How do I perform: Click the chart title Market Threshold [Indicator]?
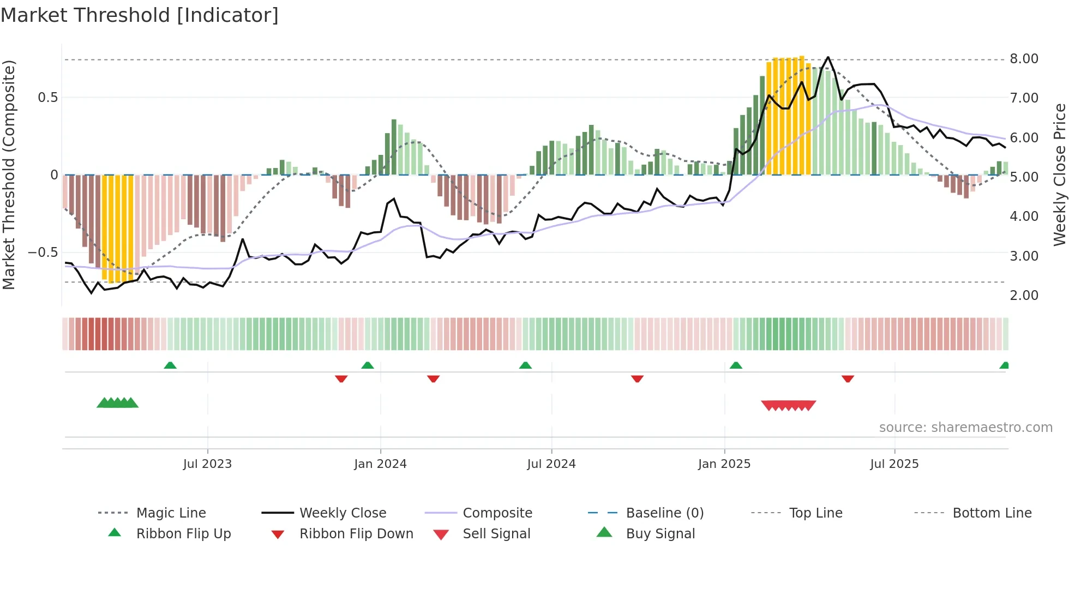140,15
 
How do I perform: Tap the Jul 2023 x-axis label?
207,464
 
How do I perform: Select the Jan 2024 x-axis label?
380,464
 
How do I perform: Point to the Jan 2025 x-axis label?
724,464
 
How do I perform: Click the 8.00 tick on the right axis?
1024,59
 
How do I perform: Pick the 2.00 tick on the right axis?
1024,296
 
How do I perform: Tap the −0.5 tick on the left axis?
43,253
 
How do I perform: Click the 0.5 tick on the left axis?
47,98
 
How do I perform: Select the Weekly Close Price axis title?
1059,175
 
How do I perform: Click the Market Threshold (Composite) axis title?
9,175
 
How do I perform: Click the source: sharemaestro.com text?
965,428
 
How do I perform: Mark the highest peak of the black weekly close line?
828,57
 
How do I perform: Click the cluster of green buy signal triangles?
117,403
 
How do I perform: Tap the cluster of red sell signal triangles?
789,405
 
